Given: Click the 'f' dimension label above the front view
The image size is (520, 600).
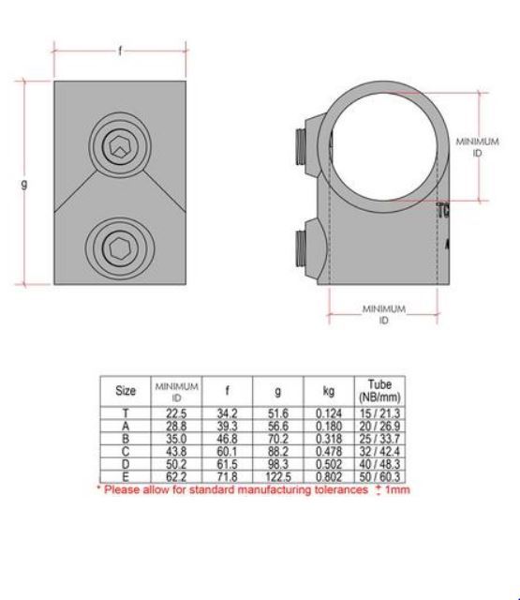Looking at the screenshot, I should tap(120, 51).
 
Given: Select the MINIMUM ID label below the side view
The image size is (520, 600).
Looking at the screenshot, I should tap(384, 313).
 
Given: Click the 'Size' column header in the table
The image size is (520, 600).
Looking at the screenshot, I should tap(125, 390).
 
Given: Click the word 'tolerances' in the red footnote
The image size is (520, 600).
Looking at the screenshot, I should tap(334, 489).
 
